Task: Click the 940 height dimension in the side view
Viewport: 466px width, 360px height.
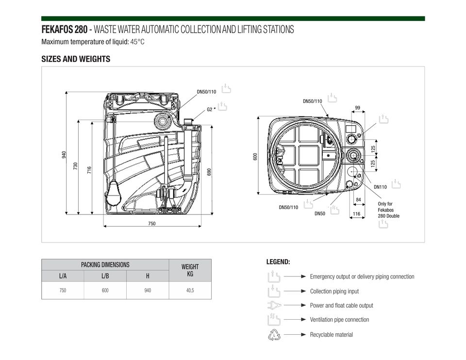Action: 64,154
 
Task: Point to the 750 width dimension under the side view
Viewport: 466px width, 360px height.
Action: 151,224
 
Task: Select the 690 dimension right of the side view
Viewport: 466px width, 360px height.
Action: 209,172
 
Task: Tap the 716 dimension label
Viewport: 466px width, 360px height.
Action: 89,170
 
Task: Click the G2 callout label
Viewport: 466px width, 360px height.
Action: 210,109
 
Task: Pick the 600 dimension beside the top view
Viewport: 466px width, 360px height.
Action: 255,157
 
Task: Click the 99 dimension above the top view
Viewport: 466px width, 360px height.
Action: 358,108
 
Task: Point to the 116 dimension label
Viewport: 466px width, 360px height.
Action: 356,213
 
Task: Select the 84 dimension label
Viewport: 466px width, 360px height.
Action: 358,199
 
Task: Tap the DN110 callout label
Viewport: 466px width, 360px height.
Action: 380,187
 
